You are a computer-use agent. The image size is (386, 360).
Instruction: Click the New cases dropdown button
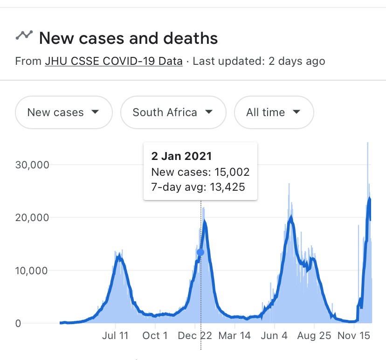63,112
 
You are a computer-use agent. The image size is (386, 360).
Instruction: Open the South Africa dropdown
173,112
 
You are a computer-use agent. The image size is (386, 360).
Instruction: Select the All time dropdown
274,112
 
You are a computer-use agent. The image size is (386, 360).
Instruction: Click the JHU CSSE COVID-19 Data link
114,61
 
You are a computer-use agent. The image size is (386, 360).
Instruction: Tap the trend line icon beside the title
24,35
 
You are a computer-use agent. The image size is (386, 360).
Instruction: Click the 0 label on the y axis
18,323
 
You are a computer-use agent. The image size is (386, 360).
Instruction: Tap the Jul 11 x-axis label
115,336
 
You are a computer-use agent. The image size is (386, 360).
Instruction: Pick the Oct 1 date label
155,336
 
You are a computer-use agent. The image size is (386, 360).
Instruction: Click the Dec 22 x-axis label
195,336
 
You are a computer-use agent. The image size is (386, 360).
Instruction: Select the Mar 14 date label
235,336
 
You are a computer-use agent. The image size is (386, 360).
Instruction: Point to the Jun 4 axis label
275,336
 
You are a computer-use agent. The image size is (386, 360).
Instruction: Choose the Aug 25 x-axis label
314,336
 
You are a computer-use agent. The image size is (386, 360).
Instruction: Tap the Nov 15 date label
354,336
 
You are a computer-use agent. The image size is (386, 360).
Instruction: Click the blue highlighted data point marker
200,252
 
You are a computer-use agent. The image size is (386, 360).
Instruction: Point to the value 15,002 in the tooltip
232,172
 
